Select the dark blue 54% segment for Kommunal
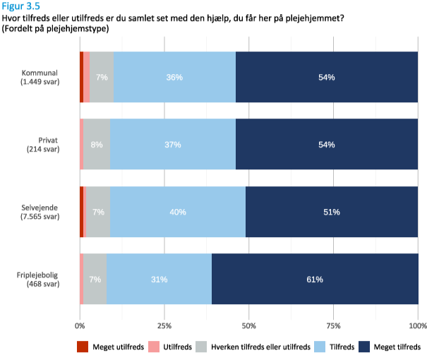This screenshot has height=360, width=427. click(326, 77)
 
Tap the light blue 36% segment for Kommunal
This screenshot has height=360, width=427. click(174, 77)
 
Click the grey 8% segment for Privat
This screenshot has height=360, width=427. click(97, 145)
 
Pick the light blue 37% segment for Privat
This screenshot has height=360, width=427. click(173, 145)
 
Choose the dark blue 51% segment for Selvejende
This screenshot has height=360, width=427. click(332, 212)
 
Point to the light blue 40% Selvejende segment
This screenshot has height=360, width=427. click(178, 212)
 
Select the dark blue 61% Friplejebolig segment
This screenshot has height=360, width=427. click(315, 280)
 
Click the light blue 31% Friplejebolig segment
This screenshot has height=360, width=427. click(159, 280)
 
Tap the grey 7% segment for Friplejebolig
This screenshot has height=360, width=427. click(95, 280)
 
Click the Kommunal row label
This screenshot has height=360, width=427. click(40, 77)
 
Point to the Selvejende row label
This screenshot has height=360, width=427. click(40, 212)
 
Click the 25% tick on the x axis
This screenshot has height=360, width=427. click(164, 325)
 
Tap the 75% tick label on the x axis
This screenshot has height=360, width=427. click(334, 325)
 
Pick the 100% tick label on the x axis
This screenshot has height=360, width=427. click(417, 325)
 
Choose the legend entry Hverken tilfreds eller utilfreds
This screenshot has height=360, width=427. click(261, 347)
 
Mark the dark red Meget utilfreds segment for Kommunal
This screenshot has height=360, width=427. click(81, 77)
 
